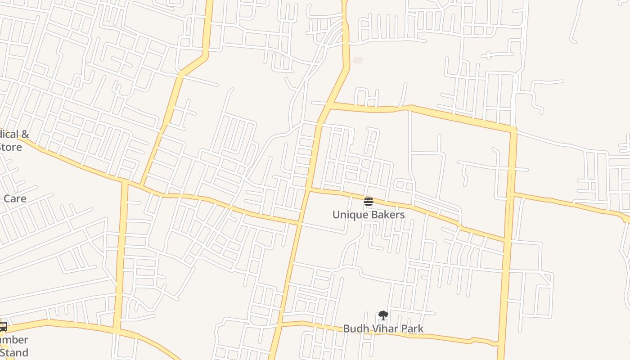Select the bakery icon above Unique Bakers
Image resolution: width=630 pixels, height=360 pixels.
click(369, 201)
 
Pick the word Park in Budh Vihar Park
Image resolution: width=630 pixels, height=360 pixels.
click(413, 329)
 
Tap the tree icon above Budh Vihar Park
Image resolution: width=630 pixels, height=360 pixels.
click(383, 315)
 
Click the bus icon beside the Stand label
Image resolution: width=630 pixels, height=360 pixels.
click(3, 327)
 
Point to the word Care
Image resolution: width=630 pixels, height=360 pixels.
click(14, 198)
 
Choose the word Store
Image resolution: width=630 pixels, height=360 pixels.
click(10, 147)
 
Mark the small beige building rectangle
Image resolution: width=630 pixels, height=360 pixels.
click(358, 60)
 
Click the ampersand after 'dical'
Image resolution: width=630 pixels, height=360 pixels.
click(25, 134)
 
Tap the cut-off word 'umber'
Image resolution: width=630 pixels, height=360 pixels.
click(13, 340)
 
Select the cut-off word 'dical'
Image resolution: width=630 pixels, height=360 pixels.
click(9, 134)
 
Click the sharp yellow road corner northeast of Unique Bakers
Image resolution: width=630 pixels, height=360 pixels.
click(513, 130)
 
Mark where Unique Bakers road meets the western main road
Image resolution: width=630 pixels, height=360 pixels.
click(310, 190)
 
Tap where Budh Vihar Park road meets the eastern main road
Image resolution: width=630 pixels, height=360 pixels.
click(500, 344)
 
